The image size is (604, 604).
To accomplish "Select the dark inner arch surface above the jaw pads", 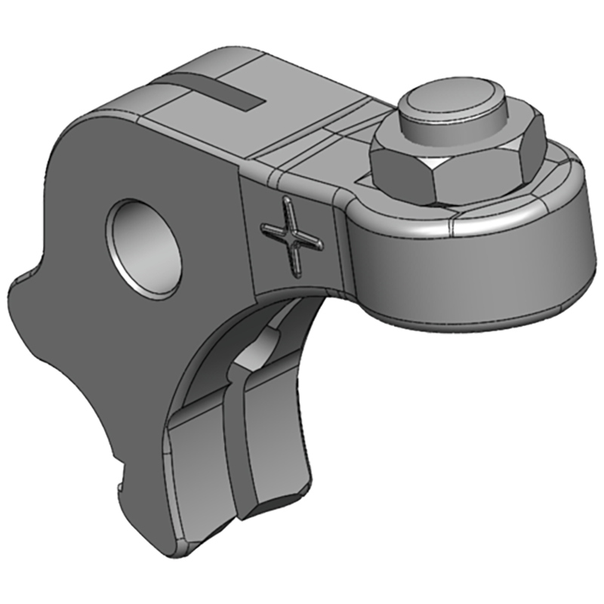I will [219, 355].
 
